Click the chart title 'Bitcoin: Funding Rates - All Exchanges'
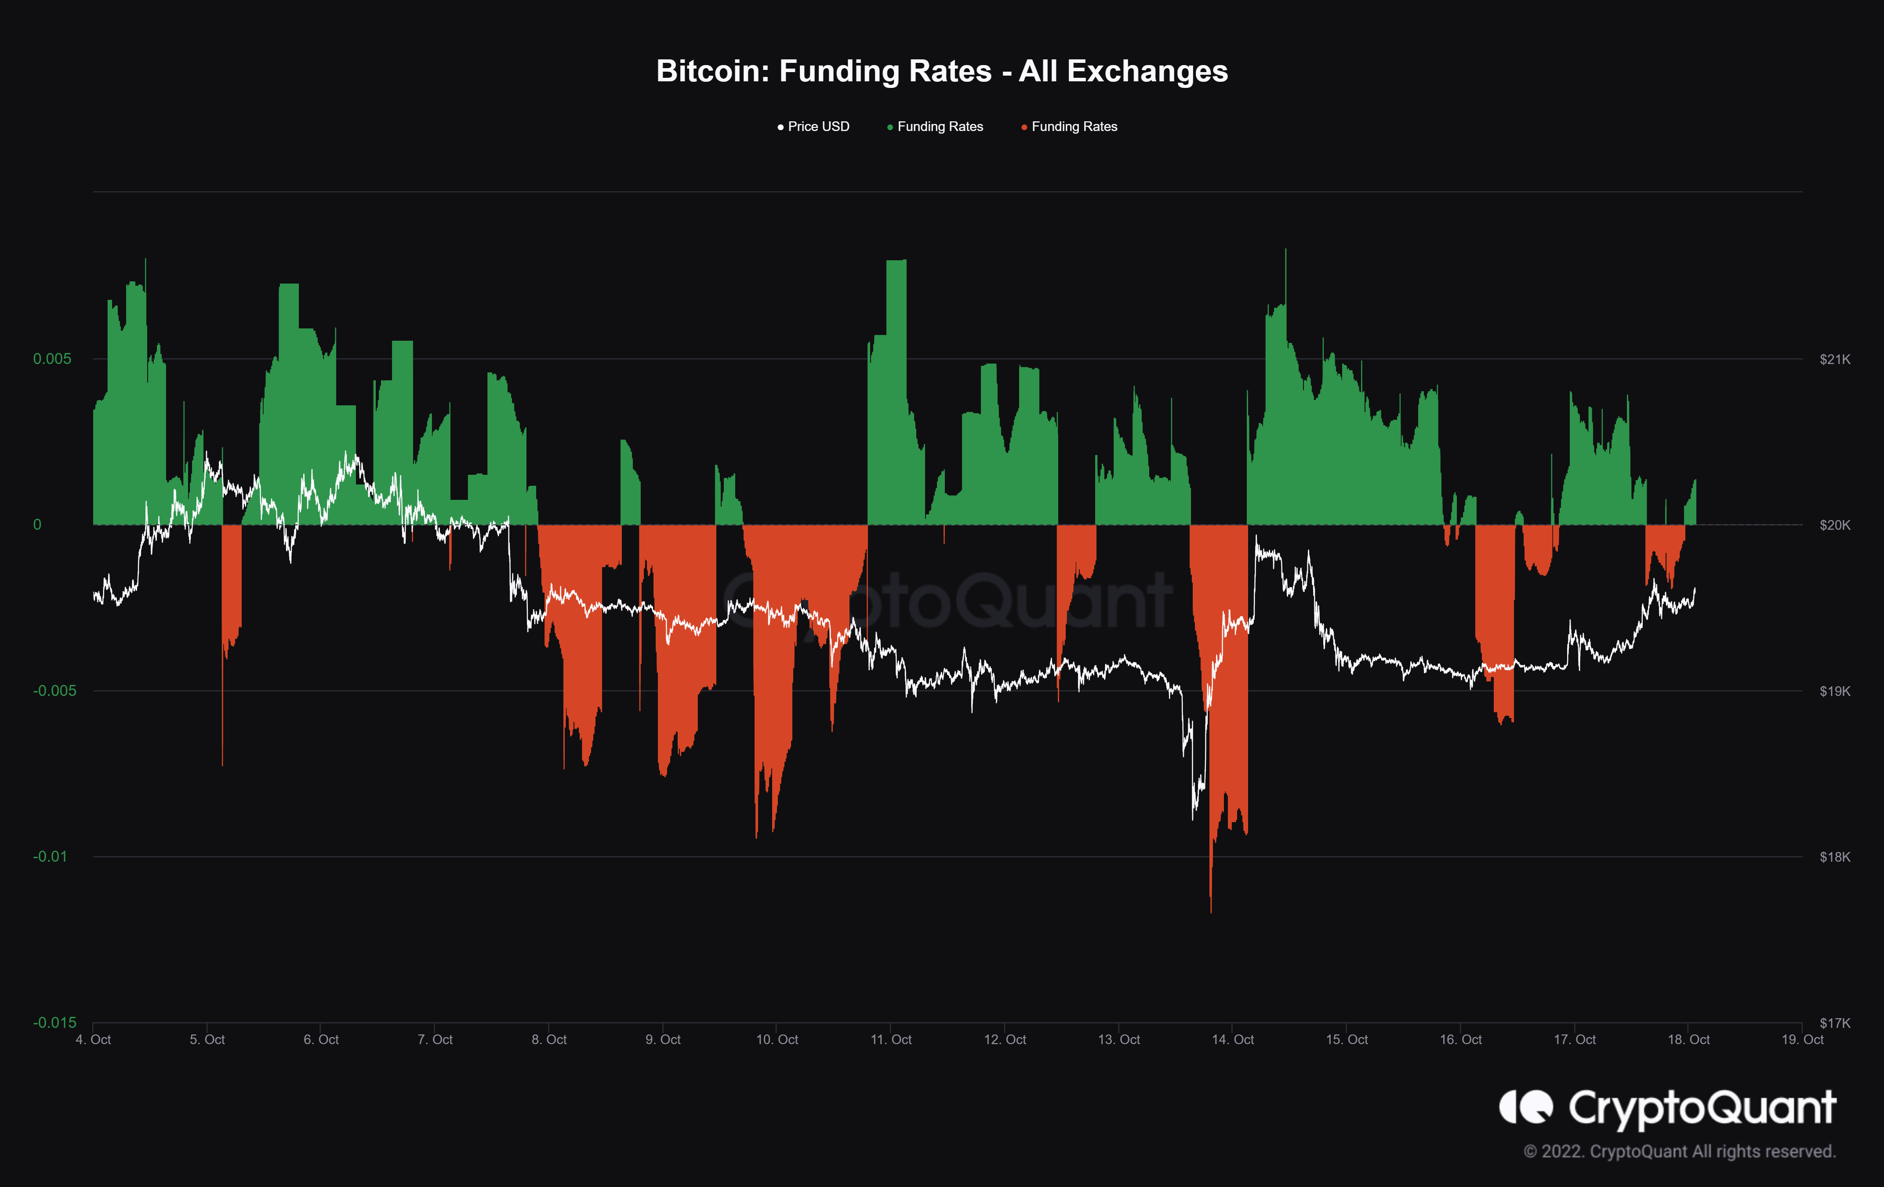coord(942,71)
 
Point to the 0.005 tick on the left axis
coord(52,359)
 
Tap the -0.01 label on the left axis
coord(50,857)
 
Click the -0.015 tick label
coord(54,1023)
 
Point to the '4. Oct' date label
coord(93,1040)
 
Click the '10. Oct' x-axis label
coord(777,1040)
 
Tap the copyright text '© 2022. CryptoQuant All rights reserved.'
coord(1679,1152)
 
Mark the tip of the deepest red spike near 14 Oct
coord(1211,912)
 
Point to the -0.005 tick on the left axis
coord(54,691)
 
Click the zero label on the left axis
coord(37,525)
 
